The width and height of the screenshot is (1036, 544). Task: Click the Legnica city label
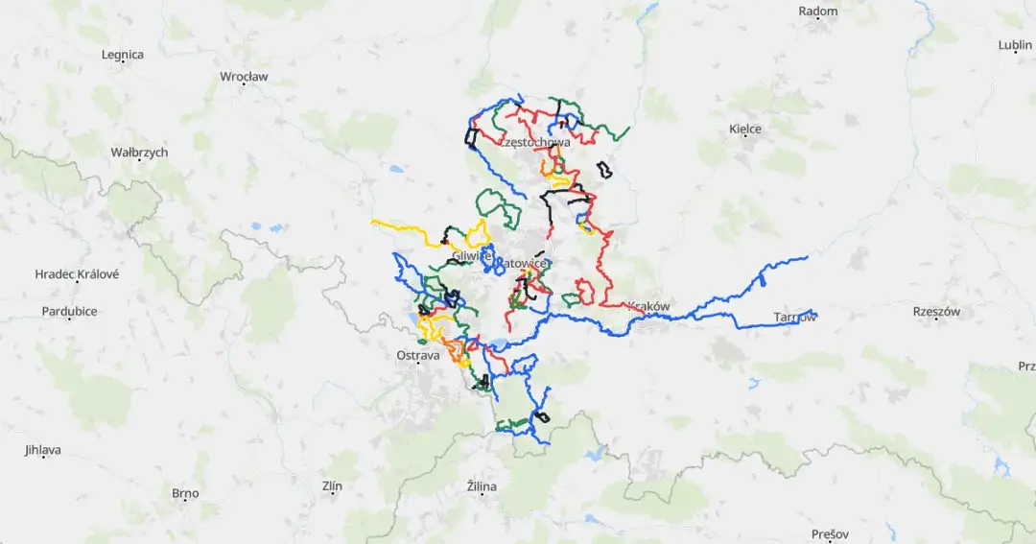(123, 55)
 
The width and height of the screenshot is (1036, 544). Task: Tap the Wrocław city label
(244, 76)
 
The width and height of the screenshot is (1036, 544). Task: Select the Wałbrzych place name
(139, 153)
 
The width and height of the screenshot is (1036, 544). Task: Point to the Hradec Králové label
(76, 273)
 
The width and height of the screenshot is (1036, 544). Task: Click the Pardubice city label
(70, 311)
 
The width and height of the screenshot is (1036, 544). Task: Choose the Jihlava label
(43, 449)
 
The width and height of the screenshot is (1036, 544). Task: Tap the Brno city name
(185, 493)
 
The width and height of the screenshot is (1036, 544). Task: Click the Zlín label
(332, 486)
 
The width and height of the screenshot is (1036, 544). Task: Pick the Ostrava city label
(417, 355)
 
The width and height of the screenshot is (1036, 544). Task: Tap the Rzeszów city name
(937, 311)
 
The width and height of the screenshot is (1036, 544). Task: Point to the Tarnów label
(794, 317)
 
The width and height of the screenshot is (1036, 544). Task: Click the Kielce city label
(745, 129)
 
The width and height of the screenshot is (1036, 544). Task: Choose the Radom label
(818, 12)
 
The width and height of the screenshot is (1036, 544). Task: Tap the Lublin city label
(1015, 45)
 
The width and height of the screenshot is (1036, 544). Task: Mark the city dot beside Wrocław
(244, 84)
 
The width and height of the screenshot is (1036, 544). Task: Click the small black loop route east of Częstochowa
(604, 171)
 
